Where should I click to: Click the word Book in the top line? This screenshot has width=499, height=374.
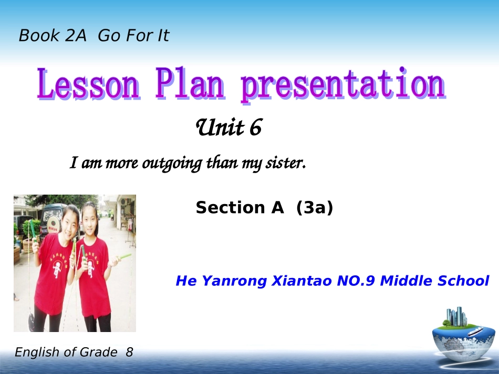coord(39,35)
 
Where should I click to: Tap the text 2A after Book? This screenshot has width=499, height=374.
coord(76,35)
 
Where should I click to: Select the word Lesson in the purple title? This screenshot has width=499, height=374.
coord(88,84)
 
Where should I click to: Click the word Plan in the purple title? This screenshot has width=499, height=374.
coord(190,83)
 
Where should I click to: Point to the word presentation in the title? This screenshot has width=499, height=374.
coord(343,85)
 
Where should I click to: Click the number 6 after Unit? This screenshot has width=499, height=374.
coord(256,127)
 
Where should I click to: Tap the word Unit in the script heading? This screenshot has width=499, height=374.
coord(220,127)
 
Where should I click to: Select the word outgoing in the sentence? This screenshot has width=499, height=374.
coord(172,164)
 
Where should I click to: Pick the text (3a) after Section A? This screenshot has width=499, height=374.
coord(315,208)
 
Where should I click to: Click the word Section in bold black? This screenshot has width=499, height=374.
coord(230,208)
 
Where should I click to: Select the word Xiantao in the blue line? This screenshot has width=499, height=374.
coord(302,281)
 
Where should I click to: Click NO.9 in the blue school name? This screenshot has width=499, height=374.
coord(356,281)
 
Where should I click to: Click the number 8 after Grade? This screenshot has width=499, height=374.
coord(129,352)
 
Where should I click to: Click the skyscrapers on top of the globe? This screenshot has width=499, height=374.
coord(456,316)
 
